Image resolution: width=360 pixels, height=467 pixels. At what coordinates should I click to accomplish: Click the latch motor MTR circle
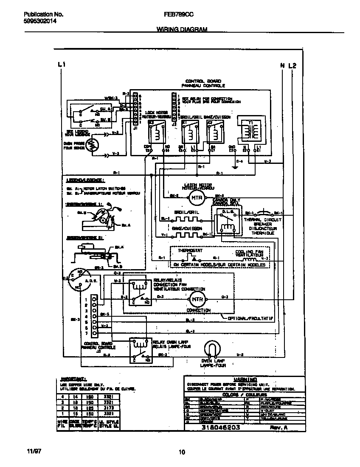(x=196, y=198)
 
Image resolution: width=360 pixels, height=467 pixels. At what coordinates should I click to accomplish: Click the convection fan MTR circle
(x=197, y=299)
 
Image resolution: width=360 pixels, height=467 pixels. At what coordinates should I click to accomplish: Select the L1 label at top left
(x=61, y=65)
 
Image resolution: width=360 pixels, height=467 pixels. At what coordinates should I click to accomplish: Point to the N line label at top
(x=282, y=65)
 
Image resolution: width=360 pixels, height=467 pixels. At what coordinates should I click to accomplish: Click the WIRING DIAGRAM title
(x=182, y=30)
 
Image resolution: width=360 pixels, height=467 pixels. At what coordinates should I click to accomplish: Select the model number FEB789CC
(x=178, y=14)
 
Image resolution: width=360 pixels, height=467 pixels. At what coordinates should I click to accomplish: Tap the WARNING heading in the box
(x=245, y=379)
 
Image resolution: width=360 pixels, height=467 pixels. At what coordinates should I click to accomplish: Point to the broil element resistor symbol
(x=186, y=220)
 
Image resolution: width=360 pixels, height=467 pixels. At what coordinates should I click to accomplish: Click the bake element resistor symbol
(x=186, y=234)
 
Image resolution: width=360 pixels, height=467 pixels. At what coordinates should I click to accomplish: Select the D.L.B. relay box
(x=225, y=220)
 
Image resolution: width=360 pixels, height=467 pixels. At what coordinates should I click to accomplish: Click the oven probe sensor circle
(x=91, y=145)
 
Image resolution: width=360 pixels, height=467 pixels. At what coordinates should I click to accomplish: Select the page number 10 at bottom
(x=182, y=452)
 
